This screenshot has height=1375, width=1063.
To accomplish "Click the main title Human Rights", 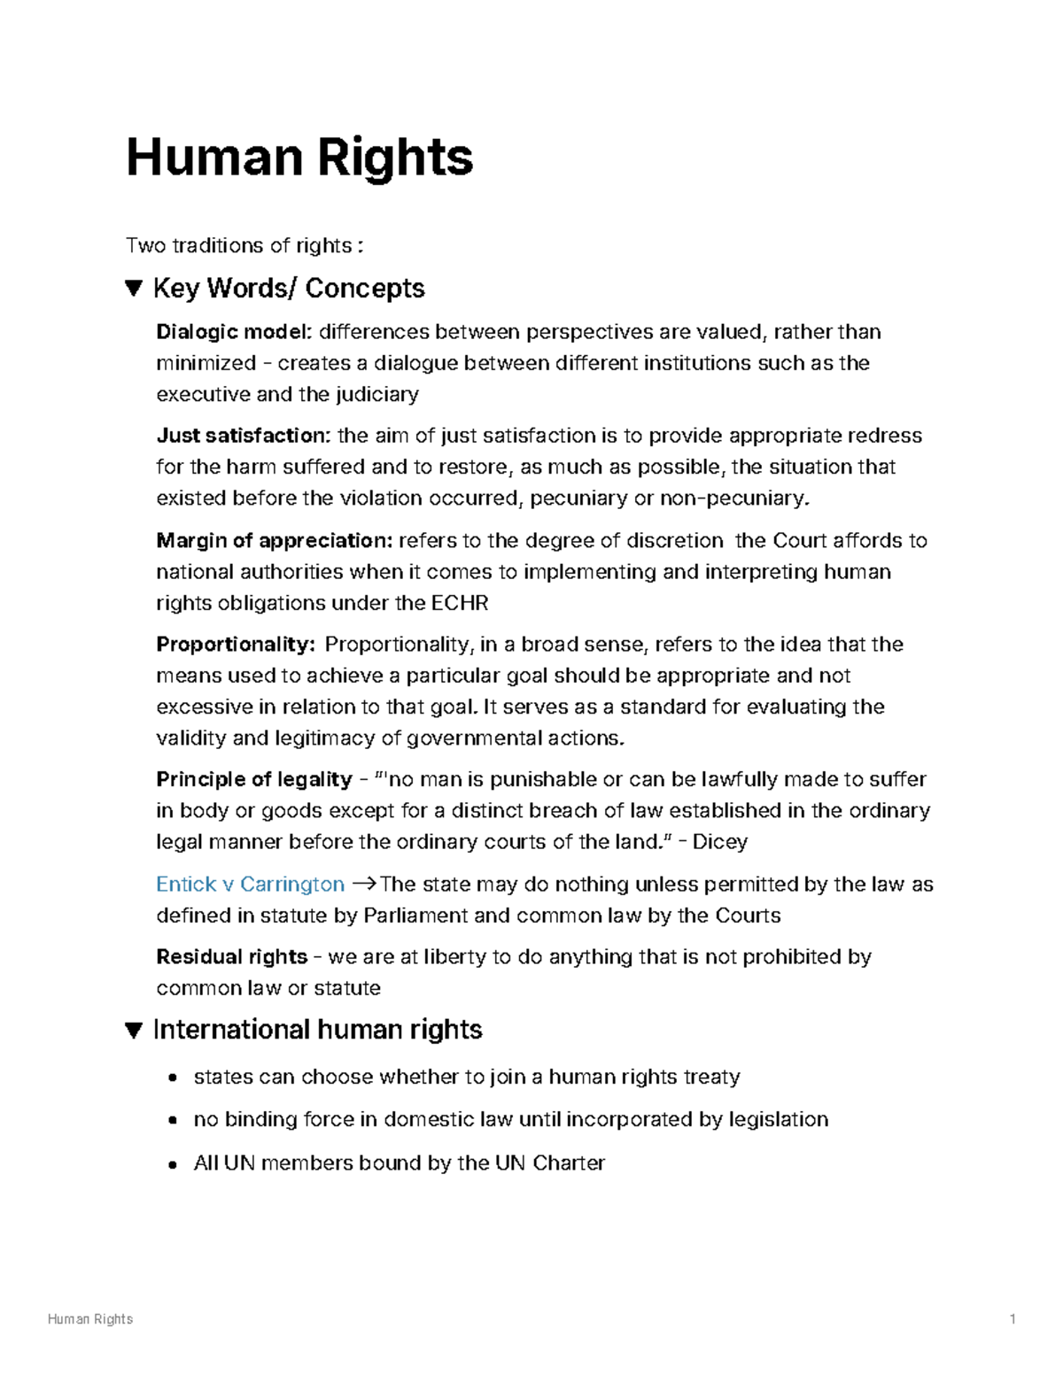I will coord(299,158).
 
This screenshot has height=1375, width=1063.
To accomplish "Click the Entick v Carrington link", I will coord(250,884).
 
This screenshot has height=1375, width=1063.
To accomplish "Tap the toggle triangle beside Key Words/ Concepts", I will coord(134,289).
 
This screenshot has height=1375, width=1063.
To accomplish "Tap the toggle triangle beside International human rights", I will coord(134,1030).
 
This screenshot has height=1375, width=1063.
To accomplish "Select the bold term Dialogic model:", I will coord(234,332).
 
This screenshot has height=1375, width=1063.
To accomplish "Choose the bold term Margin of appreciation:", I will coord(275,541).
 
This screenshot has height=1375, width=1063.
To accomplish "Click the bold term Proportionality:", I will coord(236,645).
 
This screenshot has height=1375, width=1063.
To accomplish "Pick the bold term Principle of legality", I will coord(254,779).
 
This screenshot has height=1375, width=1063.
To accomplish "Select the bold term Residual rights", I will coord(232,957).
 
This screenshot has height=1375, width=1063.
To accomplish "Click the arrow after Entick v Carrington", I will coord(364,884).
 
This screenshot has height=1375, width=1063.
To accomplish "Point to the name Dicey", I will coord(719,842).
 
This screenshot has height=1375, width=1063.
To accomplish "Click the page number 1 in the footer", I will coord(1013,1319).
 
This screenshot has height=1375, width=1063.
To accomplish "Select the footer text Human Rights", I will coord(90,1319).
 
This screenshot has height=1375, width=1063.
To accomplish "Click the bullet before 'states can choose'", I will coord(175,1078).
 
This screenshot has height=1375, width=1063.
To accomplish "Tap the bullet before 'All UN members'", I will coord(175,1164).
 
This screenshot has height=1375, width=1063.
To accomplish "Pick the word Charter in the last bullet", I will coord(569,1163).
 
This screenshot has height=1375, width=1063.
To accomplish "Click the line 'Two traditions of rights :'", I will coord(244,245).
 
